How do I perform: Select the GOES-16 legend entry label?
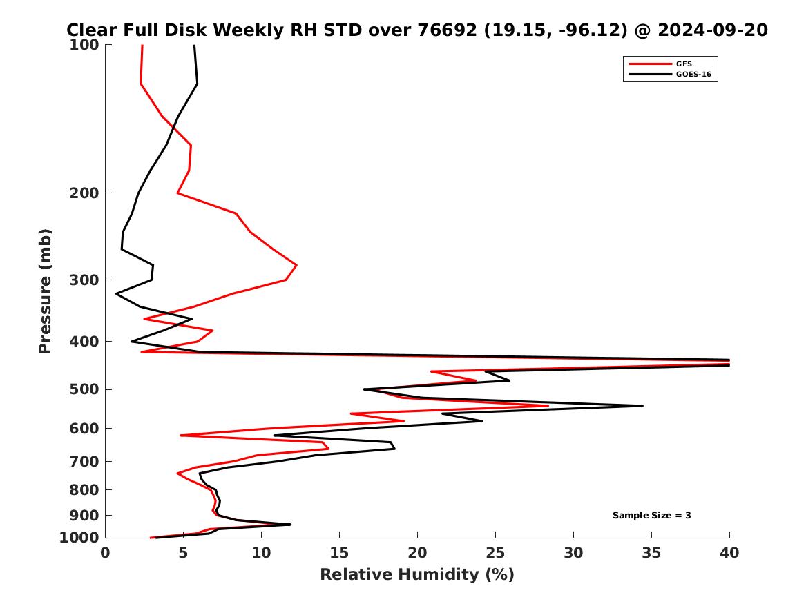(x=693, y=74)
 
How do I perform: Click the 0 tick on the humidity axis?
(x=106, y=553)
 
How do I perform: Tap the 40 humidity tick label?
(x=729, y=553)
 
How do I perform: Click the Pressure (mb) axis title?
(x=46, y=291)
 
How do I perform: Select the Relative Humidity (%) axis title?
(x=417, y=575)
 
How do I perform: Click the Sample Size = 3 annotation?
(x=651, y=516)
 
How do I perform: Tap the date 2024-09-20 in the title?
(x=713, y=30)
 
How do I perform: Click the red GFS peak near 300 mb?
(x=296, y=265)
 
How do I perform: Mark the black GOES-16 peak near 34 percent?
(x=642, y=406)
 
